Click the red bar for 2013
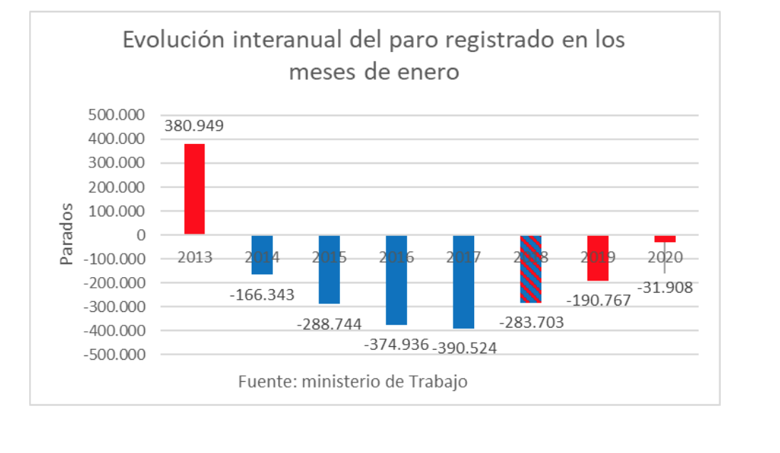click(x=195, y=189)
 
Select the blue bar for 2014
click(x=262, y=254)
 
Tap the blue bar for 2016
click(x=396, y=280)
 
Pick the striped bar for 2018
click(x=530, y=269)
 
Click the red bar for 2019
click(x=597, y=258)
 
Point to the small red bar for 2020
click(x=664, y=239)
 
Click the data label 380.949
click(x=194, y=127)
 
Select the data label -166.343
click(x=262, y=294)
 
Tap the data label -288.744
click(x=329, y=324)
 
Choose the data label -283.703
click(x=531, y=323)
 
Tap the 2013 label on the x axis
click(x=195, y=257)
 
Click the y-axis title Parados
click(x=66, y=234)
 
